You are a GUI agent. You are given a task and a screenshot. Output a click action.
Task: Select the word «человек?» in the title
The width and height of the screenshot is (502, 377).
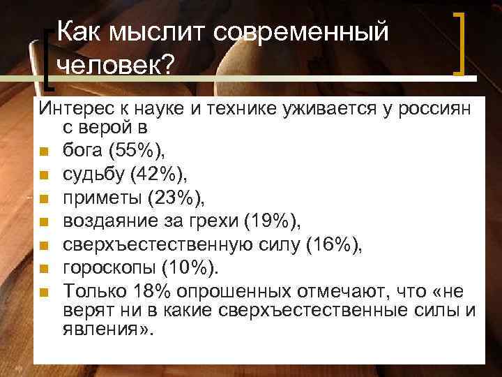114,66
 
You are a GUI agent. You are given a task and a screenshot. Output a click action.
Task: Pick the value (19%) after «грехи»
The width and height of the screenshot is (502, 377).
275,223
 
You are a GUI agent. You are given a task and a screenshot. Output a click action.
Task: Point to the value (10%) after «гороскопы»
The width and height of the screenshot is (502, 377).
192,269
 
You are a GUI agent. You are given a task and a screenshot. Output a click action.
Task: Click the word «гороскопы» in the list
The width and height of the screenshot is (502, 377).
110,269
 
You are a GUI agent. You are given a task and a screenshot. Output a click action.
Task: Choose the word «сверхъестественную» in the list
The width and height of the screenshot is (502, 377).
161,245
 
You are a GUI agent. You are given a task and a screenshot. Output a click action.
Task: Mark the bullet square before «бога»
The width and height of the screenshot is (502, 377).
44,150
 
